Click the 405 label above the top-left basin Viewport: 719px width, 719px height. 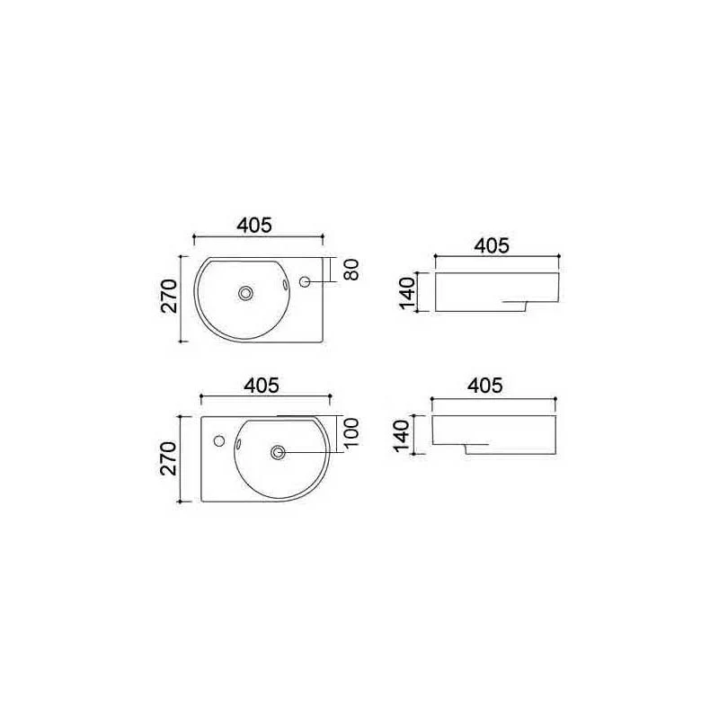click(254, 226)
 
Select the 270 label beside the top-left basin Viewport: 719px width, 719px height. click(169, 297)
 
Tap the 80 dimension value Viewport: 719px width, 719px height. click(351, 270)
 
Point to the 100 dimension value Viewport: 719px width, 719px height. click(351, 434)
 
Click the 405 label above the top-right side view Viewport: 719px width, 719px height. click(492, 245)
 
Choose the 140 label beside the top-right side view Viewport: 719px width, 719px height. click(407, 294)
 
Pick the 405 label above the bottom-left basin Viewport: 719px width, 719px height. click(262, 386)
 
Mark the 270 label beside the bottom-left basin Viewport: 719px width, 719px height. click(168, 458)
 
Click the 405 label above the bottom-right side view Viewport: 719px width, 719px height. click(485, 386)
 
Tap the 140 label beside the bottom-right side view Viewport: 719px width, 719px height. click(401, 436)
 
